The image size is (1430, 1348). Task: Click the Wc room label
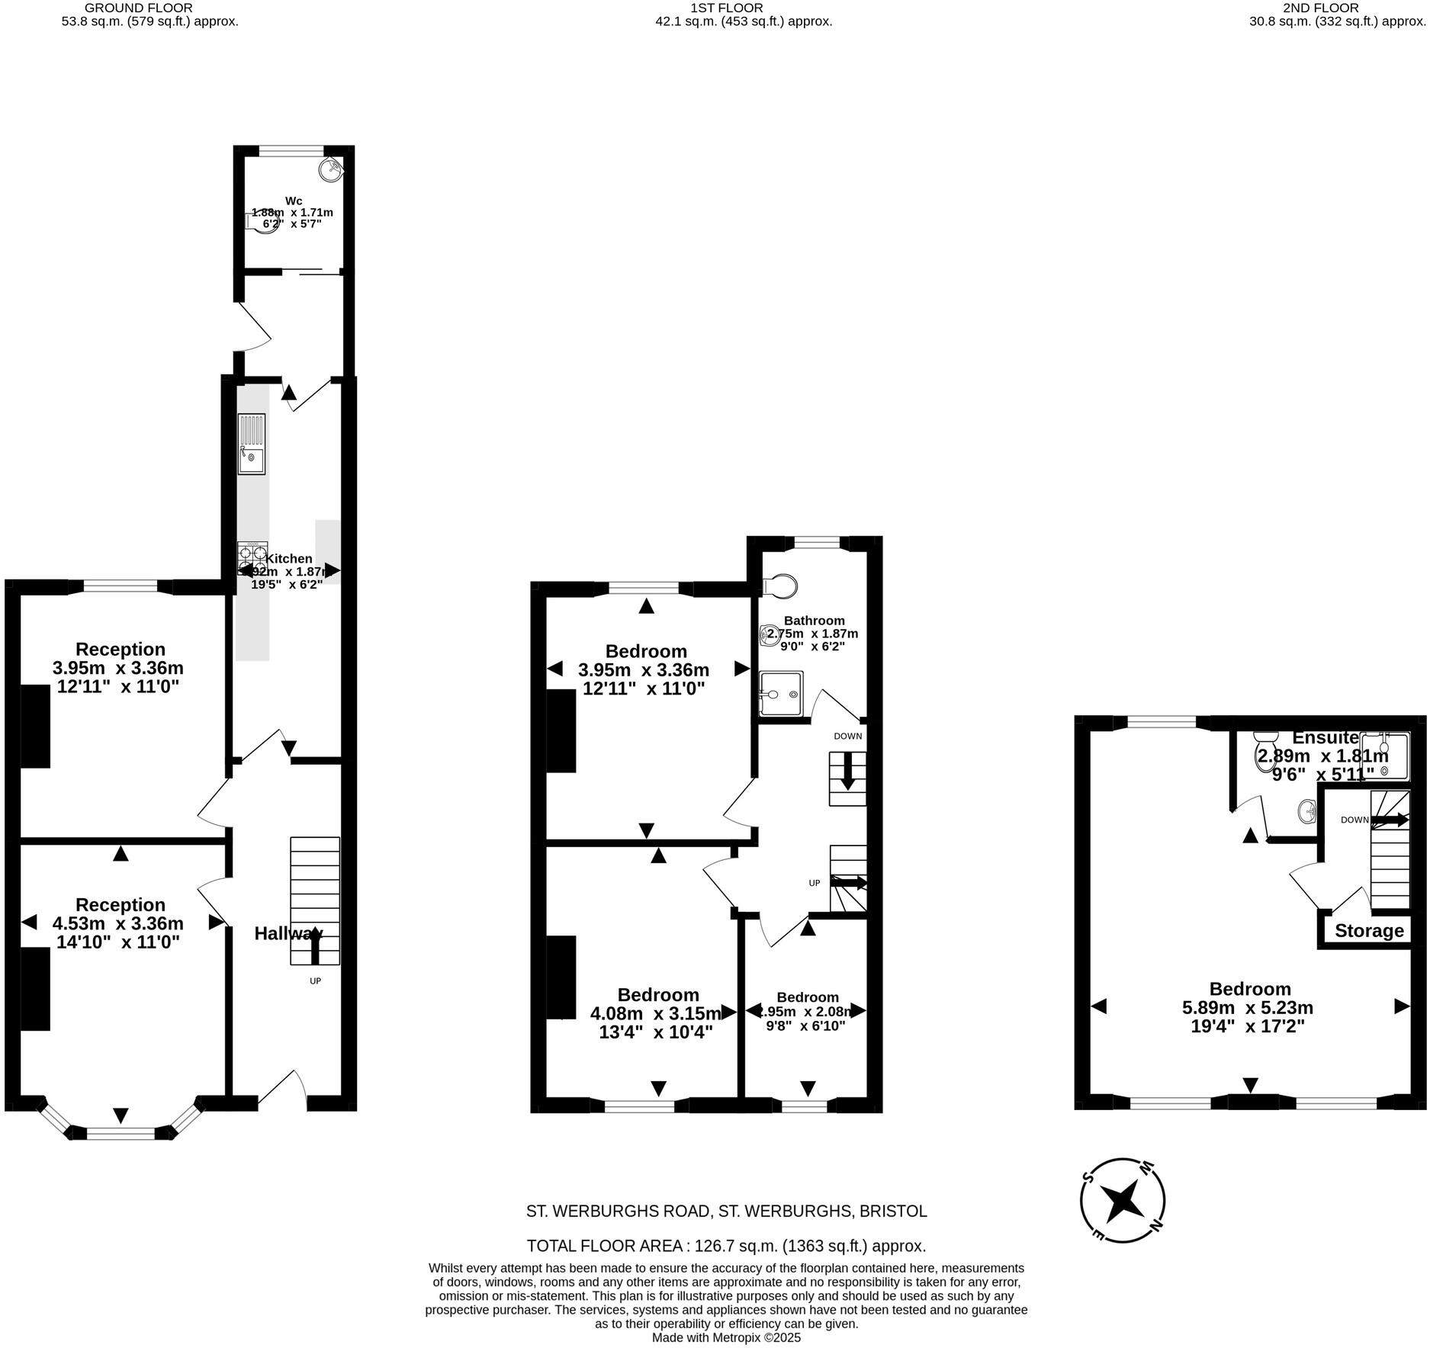tap(294, 201)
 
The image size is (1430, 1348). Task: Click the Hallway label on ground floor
tap(288, 933)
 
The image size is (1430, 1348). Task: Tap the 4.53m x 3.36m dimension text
tap(118, 923)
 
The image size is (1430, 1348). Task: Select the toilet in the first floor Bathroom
tap(780, 586)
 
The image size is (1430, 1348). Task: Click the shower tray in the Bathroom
tap(781, 693)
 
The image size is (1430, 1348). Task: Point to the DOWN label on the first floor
tap(847, 737)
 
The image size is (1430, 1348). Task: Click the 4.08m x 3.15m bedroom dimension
tap(655, 1014)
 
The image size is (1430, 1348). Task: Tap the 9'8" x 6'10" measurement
tap(807, 1026)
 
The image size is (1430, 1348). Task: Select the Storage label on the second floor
tap(1369, 931)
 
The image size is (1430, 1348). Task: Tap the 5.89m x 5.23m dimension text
tap(1248, 1008)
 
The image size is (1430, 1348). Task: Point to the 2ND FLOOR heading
tap(1331, 8)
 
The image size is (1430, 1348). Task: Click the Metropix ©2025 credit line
tap(726, 1338)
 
